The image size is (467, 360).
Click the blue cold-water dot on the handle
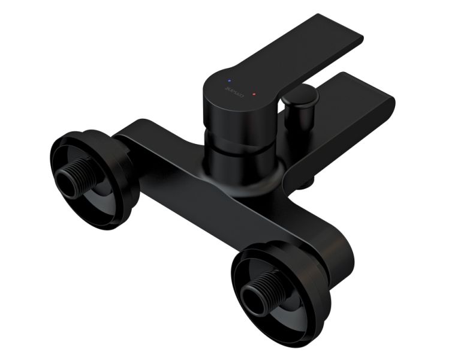[227, 80]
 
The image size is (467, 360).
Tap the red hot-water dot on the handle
[254, 95]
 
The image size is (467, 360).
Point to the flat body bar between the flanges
[198, 192]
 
